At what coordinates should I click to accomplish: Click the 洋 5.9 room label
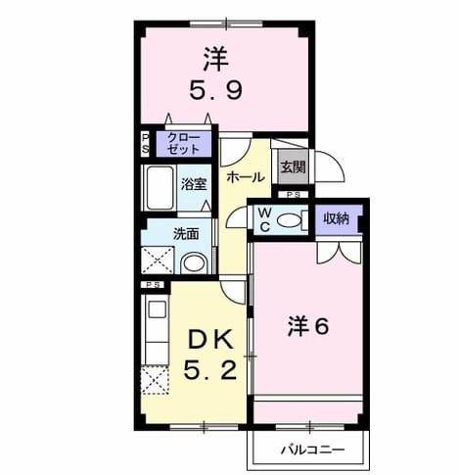(x=215, y=73)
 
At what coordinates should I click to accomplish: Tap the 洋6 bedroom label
(x=308, y=327)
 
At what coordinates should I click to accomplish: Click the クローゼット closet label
(x=183, y=144)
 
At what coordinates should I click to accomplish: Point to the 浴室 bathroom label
(x=195, y=185)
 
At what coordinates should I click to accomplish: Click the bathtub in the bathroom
(x=160, y=188)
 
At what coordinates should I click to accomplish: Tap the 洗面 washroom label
(x=186, y=234)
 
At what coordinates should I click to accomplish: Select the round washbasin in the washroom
(x=194, y=263)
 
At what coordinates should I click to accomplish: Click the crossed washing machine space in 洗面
(x=158, y=261)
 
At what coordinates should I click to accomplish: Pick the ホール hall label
(x=245, y=177)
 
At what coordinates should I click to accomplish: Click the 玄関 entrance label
(x=293, y=167)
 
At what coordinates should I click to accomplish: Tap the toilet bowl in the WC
(x=290, y=220)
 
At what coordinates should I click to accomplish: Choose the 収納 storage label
(x=336, y=218)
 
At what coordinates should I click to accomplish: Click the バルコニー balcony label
(x=312, y=451)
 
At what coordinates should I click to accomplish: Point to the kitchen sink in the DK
(x=158, y=309)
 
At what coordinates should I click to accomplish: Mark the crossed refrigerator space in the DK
(x=155, y=380)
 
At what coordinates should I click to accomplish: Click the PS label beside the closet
(x=145, y=144)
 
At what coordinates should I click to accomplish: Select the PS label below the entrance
(x=294, y=195)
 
